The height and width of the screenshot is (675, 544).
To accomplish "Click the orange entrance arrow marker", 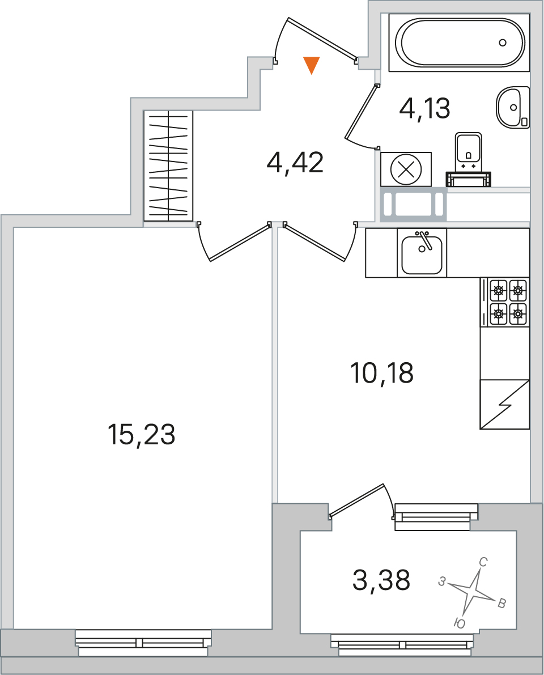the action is [x=311, y=65].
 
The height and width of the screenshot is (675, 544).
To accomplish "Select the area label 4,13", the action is [x=425, y=108].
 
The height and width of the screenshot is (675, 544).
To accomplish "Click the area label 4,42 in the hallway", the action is [x=295, y=163].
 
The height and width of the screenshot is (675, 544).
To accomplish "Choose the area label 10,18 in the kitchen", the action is [x=382, y=373].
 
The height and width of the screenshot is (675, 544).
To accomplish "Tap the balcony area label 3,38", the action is [x=381, y=580].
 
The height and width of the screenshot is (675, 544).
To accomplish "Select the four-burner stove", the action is [x=505, y=302].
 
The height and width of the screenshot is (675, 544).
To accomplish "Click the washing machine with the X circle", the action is [x=406, y=169].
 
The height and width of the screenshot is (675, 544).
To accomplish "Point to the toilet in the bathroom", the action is [x=468, y=160].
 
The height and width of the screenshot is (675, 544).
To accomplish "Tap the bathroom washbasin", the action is [x=513, y=107].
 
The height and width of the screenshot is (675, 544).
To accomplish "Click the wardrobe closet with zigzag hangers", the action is [x=168, y=165].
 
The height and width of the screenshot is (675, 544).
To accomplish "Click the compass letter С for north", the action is [x=483, y=562].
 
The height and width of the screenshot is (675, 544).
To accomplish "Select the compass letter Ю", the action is [x=460, y=623].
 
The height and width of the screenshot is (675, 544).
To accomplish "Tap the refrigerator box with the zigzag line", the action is [x=504, y=404].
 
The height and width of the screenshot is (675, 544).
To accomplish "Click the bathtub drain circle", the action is [x=503, y=43].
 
